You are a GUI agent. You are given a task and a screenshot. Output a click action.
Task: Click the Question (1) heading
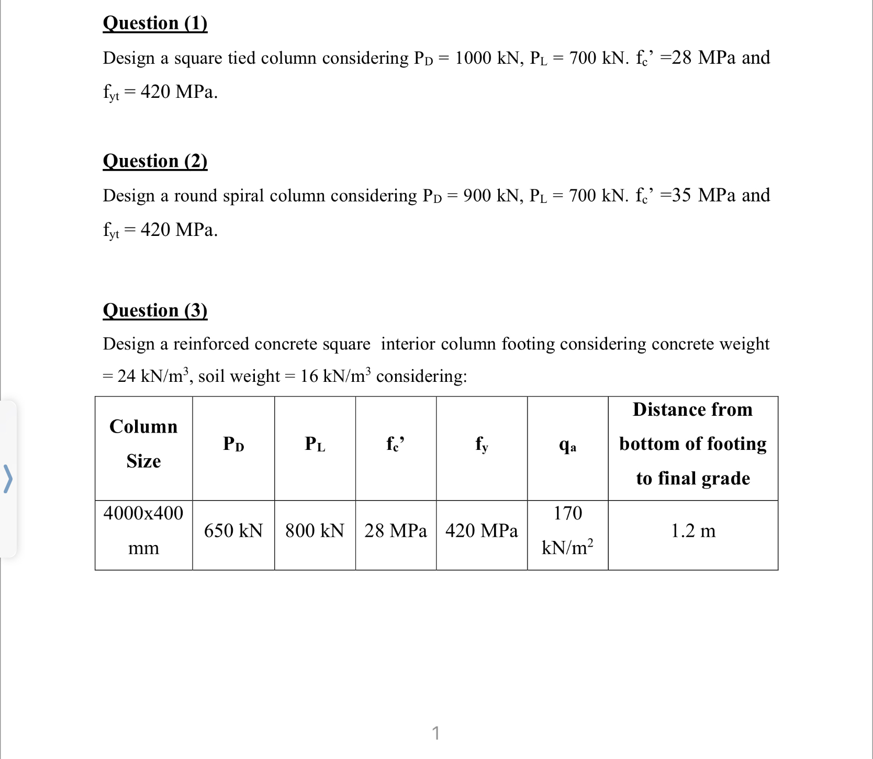155,23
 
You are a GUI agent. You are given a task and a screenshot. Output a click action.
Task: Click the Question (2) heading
155,161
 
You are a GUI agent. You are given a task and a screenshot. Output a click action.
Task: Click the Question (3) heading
155,310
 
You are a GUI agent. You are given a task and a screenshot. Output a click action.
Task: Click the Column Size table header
143,444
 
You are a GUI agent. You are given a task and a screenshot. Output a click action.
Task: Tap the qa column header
567,445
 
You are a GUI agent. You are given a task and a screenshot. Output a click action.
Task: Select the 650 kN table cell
233,531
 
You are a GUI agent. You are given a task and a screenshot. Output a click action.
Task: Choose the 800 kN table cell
315,531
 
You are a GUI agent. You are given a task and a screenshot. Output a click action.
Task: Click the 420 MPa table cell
482,531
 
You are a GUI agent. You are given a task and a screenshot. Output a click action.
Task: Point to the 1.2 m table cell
693,531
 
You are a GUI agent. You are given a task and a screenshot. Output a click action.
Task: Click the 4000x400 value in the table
143,513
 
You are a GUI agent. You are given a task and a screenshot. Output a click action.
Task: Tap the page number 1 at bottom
435,733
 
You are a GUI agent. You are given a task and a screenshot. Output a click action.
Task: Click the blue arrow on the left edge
8,479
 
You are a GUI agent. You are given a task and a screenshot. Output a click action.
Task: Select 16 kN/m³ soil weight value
335,376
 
